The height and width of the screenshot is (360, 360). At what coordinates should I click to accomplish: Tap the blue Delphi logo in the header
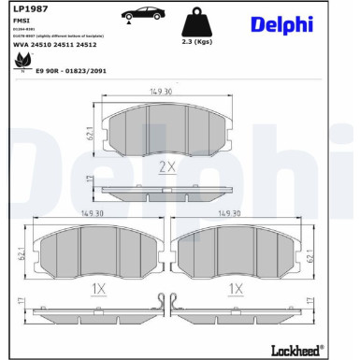(x=282, y=24)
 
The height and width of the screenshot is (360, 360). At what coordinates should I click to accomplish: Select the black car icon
(x=143, y=14)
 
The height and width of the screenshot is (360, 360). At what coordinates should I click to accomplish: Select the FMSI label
(x=21, y=21)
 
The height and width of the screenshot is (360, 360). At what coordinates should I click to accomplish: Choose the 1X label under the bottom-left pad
(x=98, y=289)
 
